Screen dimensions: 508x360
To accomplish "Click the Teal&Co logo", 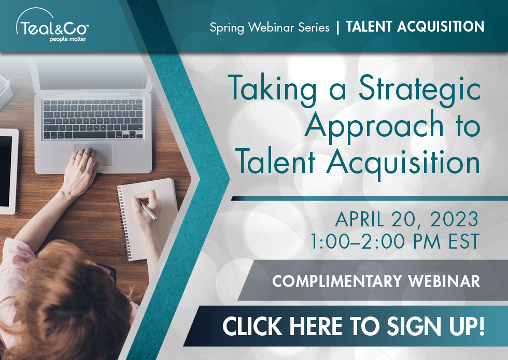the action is click(52, 25).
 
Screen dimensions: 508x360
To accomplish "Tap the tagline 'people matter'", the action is click(68, 39).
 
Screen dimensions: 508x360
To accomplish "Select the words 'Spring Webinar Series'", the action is click(269, 27).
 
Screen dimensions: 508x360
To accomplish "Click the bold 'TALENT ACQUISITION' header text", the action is click(415, 26).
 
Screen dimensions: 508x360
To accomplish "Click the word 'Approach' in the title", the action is click(374, 127).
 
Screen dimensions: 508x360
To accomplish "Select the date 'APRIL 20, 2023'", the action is click(406, 219).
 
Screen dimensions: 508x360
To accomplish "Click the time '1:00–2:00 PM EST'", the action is click(394, 241).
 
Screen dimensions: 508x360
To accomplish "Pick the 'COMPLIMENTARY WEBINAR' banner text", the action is click(376, 281).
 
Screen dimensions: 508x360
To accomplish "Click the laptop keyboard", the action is click(93, 119).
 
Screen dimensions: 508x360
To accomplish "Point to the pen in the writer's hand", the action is click(146, 208).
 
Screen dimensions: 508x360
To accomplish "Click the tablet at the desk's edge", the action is click(9, 171).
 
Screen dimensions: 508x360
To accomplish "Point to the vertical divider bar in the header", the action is click(338, 27).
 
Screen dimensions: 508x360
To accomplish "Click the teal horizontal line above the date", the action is click(369, 198).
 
